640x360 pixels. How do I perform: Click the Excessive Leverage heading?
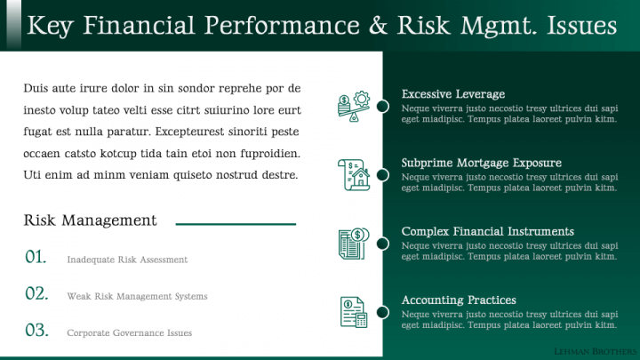coord(453,94)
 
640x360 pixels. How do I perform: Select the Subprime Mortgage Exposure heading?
coord(481,163)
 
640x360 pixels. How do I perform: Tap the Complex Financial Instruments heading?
coord(487,231)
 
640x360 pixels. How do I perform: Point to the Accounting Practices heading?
coord(459,300)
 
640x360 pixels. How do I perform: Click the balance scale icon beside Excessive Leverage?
coord(354,106)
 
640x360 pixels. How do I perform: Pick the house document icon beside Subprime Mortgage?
coord(354,175)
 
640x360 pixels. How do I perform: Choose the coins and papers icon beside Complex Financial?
coord(354,244)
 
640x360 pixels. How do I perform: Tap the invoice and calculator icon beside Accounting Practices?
coord(354,312)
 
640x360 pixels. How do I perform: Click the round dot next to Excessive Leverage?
coord(382,106)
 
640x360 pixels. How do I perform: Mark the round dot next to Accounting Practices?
coord(382,312)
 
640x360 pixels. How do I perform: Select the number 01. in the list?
coord(36,257)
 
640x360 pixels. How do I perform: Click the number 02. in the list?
coord(36,293)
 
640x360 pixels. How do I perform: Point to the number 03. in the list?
coord(36,330)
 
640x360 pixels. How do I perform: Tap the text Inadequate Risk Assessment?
coord(127,260)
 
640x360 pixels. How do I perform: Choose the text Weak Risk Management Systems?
coord(137,296)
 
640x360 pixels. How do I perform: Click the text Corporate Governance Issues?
coord(130,333)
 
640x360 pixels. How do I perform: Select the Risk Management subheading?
coord(90,220)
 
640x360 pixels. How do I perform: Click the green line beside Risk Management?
coord(236,224)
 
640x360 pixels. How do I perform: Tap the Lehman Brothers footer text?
coord(595,351)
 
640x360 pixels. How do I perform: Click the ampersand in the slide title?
coord(379,25)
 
